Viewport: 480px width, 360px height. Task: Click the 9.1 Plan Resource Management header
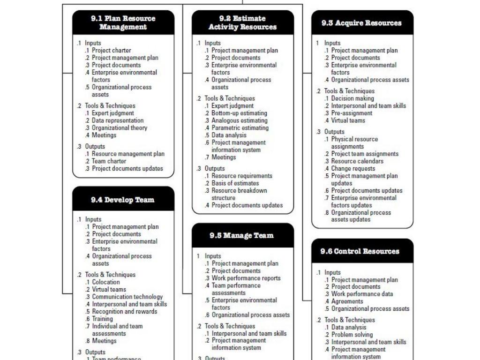pos(123,22)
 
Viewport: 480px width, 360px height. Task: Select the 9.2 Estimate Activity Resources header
pos(243,22)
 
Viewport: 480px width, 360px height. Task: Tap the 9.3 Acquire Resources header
pos(362,23)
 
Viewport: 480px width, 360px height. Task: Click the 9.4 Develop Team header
pos(123,200)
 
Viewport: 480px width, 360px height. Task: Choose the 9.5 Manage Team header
pos(242,235)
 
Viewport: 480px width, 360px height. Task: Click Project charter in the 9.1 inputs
pos(112,51)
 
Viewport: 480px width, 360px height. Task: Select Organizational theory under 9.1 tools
pos(120,128)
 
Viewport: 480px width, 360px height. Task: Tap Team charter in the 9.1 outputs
pos(109,161)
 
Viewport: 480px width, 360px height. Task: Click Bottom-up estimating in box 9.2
pos(239,113)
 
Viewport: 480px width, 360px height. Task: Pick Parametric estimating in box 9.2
pos(240,128)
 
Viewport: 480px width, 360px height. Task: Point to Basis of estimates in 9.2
pos(235,183)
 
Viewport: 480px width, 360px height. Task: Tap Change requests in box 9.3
pos(353,169)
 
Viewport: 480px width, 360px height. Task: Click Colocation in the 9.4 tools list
pos(106,282)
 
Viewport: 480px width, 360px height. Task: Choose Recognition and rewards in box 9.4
pos(125,312)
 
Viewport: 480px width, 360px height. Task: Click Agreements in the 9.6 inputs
pos(347,301)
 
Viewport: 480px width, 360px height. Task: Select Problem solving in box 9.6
pos(352,335)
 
